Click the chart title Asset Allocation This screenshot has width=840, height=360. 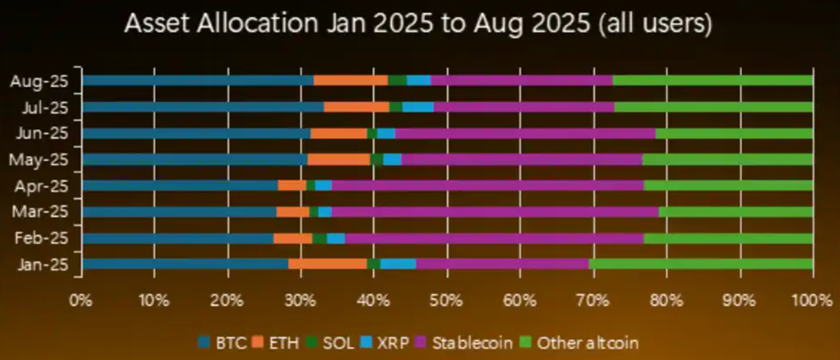418,24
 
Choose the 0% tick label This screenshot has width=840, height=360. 82,301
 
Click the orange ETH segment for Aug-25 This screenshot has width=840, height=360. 351,81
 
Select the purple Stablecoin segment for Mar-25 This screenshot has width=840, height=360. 495,212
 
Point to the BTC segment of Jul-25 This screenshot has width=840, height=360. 202,108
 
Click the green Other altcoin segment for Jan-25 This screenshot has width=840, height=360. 700,264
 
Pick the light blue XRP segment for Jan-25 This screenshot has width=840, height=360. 398,264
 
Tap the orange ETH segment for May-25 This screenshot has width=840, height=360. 339,159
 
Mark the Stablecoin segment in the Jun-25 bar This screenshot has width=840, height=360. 525,133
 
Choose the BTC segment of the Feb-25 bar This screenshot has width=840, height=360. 177,239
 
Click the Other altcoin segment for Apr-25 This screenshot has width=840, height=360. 728,185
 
